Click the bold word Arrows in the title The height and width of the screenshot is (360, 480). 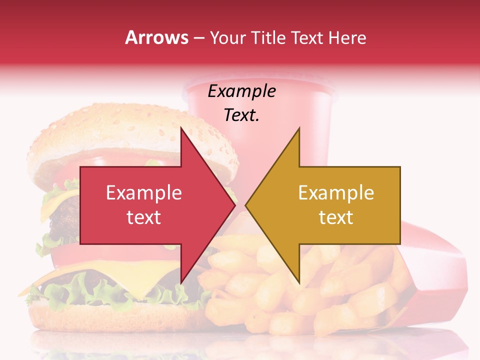point(156,37)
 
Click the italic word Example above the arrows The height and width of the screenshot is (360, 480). point(241,92)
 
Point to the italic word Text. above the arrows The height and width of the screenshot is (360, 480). point(241,115)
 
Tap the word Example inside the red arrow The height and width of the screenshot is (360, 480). point(143,193)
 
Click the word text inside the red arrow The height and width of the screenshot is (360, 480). point(143,217)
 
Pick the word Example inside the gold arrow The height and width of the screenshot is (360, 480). point(336,193)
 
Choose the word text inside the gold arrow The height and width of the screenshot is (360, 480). point(336,217)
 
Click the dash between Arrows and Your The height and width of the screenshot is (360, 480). point(198,38)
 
